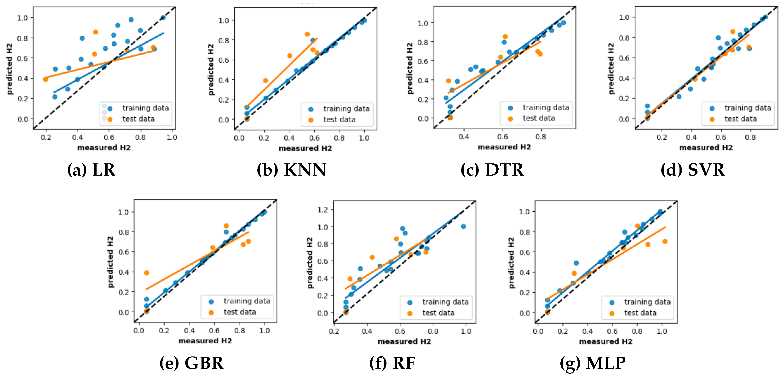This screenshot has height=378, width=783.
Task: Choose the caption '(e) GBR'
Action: point(191,363)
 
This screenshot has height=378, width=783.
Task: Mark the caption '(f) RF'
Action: point(392,363)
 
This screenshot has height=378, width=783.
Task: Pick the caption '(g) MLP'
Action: point(593,363)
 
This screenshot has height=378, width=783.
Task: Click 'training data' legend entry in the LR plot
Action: point(145,108)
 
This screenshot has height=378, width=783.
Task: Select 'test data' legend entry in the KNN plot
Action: point(339,120)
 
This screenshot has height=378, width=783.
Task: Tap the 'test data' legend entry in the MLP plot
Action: point(640,313)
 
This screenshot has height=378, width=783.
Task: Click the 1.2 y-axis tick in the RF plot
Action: point(323,210)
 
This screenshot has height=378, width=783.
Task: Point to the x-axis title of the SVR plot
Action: point(706,148)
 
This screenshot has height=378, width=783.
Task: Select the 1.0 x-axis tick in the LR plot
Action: point(172,138)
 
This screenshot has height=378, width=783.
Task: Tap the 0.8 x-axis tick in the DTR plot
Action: point(541,137)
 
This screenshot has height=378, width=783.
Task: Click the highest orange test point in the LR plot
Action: point(95,32)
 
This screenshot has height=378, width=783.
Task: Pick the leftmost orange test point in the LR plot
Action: point(46,79)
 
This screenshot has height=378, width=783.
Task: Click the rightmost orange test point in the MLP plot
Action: point(665,241)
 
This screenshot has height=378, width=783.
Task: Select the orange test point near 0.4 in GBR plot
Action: point(146,273)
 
